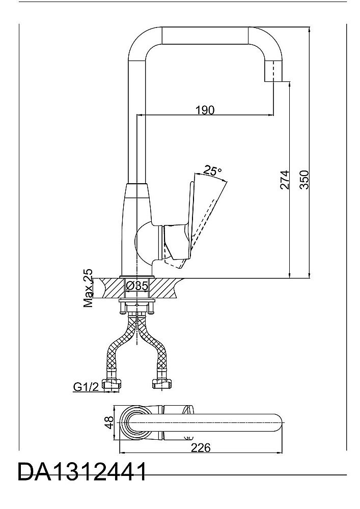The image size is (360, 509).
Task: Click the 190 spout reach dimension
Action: (x=205, y=110)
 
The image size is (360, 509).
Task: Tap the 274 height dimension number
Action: (x=284, y=180)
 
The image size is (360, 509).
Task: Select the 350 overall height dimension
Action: (x=304, y=180)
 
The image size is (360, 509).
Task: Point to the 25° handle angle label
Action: (x=213, y=170)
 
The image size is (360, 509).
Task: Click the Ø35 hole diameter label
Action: (x=136, y=286)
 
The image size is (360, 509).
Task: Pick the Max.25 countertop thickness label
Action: (x=88, y=288)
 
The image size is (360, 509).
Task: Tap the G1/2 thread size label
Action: (x=86, y=387)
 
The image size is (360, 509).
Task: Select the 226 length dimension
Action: (x=200, y=447)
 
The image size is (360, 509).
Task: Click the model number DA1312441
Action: (x=82, y=472)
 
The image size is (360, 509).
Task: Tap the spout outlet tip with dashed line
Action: (x=273, y=71)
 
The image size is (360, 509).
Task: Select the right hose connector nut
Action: (x=162, y=384)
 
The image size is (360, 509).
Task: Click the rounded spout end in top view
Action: (x=275, y=422)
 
